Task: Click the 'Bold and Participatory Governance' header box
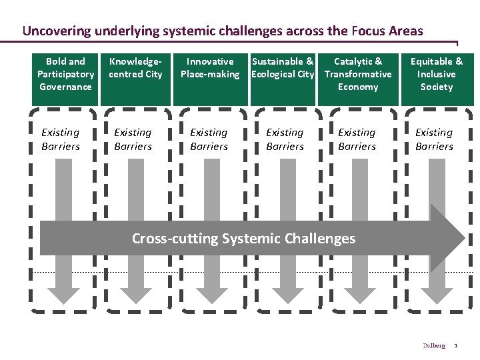click(x=65, y=75)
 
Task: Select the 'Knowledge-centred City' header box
click(x=136, y=75)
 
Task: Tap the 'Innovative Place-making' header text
click(x=210, y=68)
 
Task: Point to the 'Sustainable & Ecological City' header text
click(x=283, y=68)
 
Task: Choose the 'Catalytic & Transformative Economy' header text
click(x=358, y=74)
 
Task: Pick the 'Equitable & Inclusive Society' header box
click(x=437, y=75)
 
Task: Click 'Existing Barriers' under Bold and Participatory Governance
click(x=61, y=139)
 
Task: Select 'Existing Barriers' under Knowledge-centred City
click(x=133, y=139)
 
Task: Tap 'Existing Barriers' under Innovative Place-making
click(x=209, y=139)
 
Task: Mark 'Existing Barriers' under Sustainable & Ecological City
click(x=285, y=139)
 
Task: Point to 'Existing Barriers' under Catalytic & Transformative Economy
click(x=357, y=139)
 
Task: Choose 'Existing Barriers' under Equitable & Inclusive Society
click(x=434, y=139)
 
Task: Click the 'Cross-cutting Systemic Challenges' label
click(x=244, y=238)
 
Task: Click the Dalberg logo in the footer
click(x=434, y=345)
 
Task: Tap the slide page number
click(x=456, y=345)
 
